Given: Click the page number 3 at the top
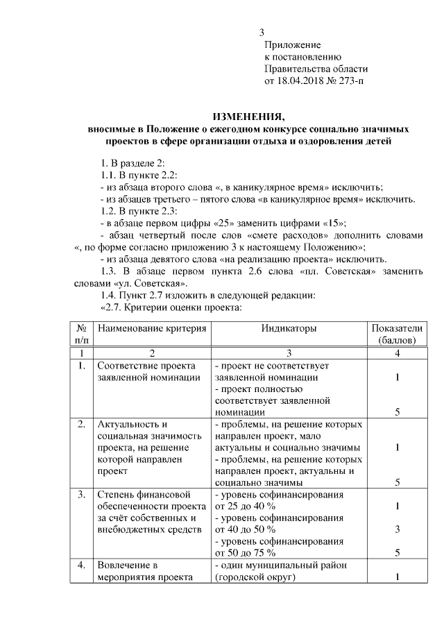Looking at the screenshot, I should pos(262,33).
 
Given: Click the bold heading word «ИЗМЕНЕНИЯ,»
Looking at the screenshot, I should pos(248,116).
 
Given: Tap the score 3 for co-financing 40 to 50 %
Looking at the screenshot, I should pos(397,530).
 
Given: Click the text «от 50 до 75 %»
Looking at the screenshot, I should pos(246,553).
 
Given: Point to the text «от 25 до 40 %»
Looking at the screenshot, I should pos(246,507).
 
